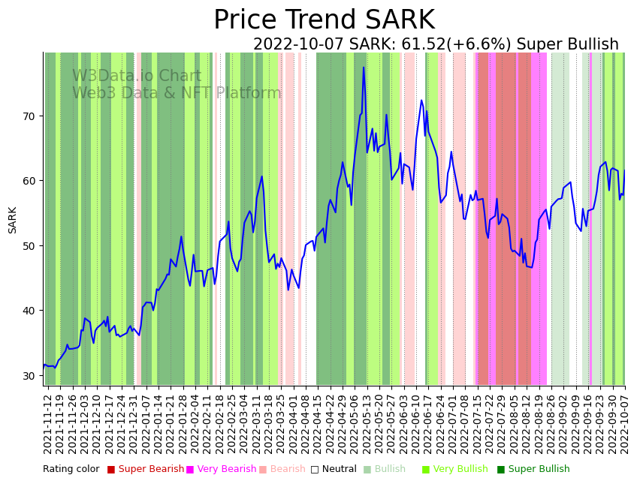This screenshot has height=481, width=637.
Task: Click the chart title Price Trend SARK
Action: (x=324, y=20)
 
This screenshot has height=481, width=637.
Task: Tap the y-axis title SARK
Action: (x=13, y=220)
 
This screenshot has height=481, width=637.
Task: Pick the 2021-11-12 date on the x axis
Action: (x=47, y=423)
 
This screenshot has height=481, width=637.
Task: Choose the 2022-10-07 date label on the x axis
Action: (x=624, y=423)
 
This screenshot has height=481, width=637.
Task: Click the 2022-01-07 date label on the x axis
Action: (x=146, y=423)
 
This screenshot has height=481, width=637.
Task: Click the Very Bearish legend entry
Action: (x=226, y=470)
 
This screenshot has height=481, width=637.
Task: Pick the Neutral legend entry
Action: (x=334, y=470)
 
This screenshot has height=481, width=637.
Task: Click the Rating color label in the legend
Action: (x=71, y=470)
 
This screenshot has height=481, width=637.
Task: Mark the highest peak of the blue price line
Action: (x=364, y=68)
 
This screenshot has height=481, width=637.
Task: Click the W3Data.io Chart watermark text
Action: (x=137, y=77)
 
